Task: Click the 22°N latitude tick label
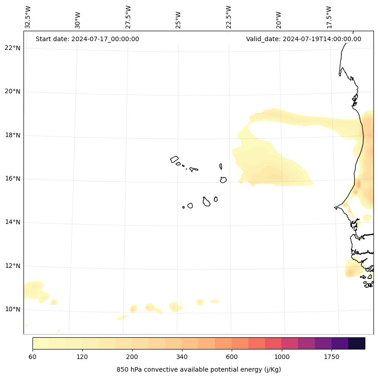click(13, 48)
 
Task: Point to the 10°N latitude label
click(13, 309)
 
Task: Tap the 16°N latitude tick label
click(13, 179)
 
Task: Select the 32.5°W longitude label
click(28, 17)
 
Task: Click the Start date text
click(87, 39)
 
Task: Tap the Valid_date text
click(303, 39)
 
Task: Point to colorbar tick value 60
click(33, 357)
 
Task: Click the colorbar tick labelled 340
click(182, 357)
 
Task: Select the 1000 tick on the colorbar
click(282, 357)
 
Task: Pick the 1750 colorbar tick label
click(331, 357)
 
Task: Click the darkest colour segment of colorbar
click(357, 343)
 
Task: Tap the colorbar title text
click(199, 369)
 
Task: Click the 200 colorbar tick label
click(132, 357)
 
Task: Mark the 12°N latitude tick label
click(13, 266)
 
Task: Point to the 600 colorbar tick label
click(232, 357)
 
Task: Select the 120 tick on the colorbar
click(82, 357)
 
